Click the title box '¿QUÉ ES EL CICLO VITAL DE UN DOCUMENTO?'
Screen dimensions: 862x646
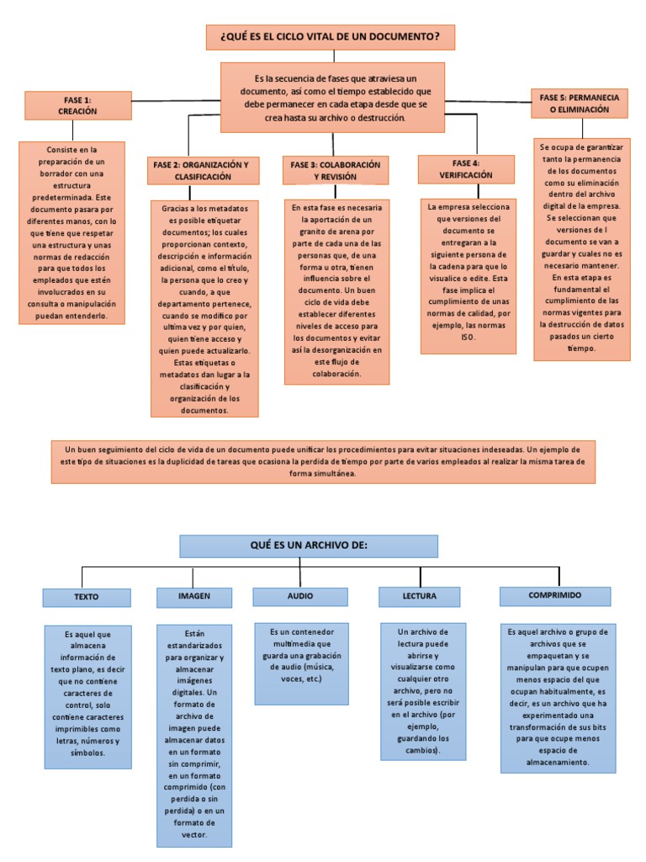pos(331,38)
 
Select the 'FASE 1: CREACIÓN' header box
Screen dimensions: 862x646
pos(77,105)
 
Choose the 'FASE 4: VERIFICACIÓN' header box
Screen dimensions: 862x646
pos(465,169)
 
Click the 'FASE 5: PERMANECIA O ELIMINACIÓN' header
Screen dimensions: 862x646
pos(580,104)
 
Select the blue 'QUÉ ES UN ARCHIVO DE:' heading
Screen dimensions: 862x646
pos(309,545)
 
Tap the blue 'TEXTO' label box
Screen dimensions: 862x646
pos(87,597)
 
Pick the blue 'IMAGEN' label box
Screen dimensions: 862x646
pos(194,596)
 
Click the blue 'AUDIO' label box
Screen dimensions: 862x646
pos(300,596)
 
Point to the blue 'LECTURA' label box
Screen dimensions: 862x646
pos(419,596)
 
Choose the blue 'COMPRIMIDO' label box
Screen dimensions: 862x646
pos(555,595)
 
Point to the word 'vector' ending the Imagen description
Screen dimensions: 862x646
pos(194,835)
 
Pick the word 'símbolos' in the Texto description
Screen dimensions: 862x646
pos(87,753)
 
